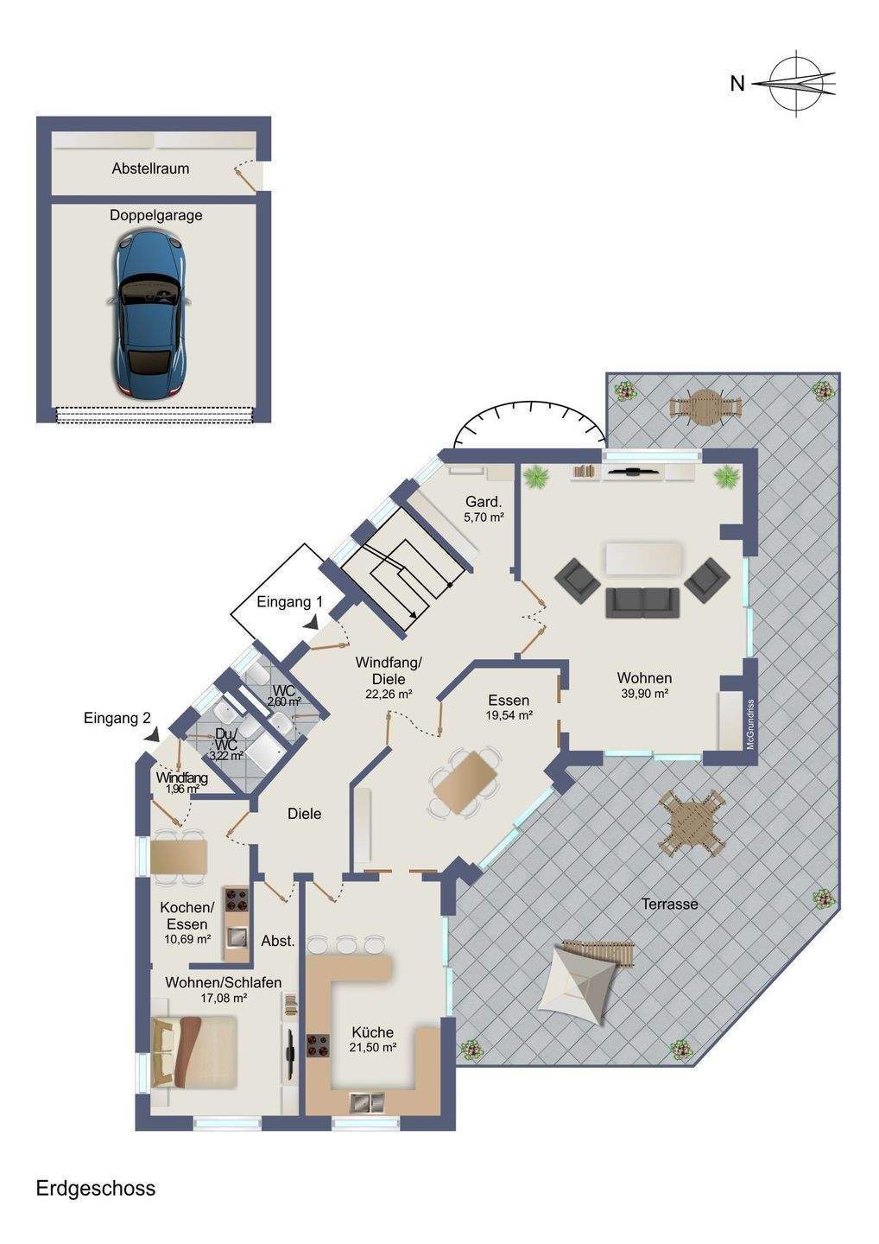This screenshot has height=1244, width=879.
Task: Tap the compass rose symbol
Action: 797,84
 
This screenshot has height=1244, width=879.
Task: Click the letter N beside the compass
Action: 737,84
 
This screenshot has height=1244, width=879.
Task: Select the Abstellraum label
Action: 150,168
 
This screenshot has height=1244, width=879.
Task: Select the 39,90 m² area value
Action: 645,694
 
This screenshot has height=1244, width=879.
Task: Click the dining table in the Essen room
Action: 465,783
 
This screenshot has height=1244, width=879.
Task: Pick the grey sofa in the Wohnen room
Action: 642,603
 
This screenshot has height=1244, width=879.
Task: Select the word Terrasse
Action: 670,904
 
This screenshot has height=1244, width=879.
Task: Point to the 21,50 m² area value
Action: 373,1047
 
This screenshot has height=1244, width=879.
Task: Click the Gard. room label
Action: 484,502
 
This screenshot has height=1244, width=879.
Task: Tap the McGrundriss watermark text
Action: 751,724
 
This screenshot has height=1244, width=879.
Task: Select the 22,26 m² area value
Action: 389,694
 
